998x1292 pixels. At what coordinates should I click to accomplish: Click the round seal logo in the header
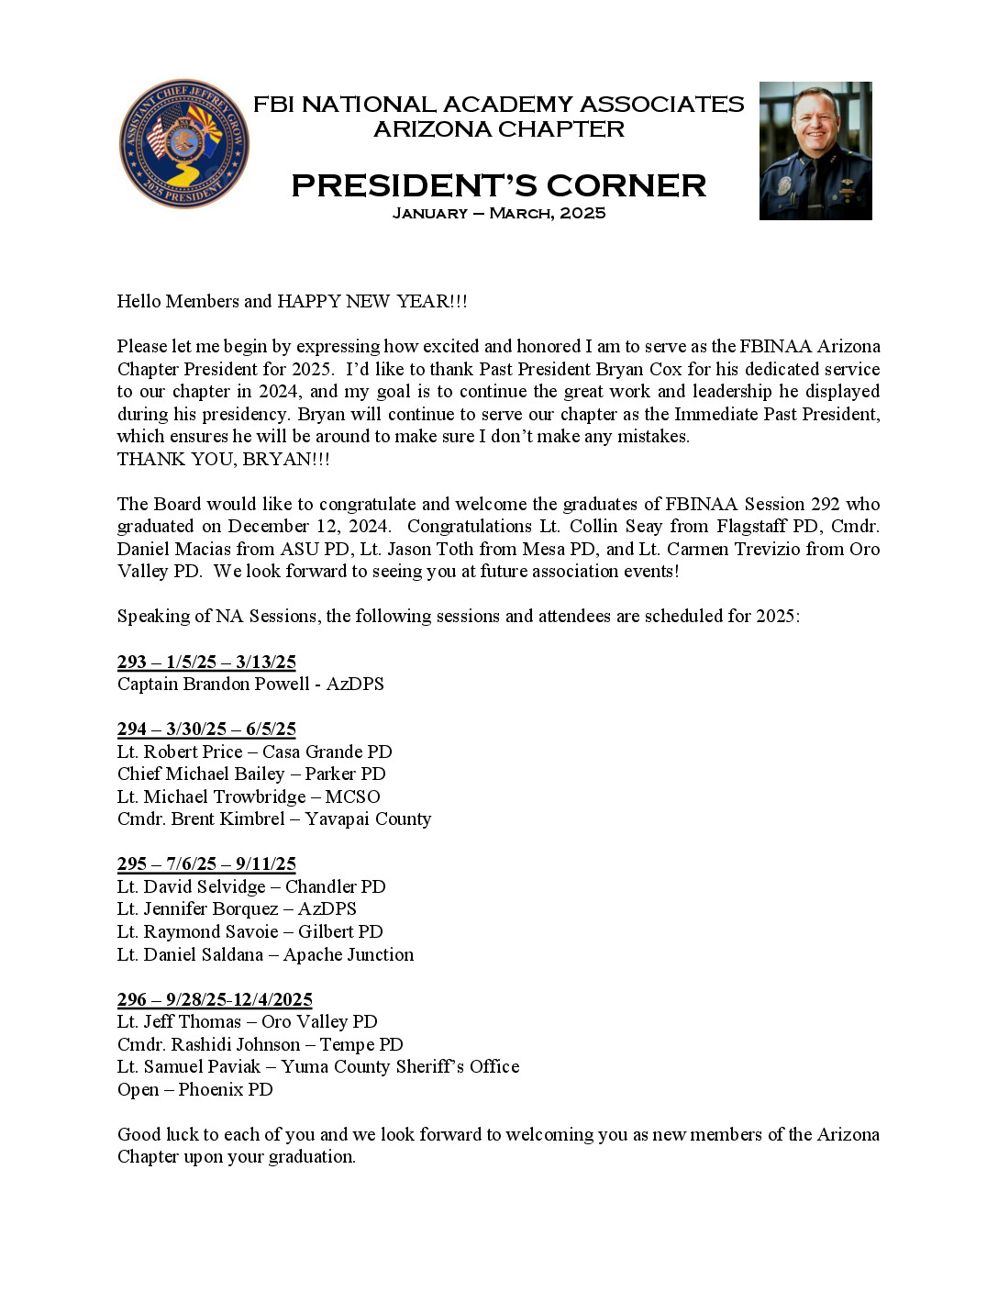coord(184,144)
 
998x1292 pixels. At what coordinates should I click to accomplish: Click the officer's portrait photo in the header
coord(815,151)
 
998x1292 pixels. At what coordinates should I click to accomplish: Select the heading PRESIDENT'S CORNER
coord(498,185)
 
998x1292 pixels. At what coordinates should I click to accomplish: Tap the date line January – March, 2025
coord(498,214)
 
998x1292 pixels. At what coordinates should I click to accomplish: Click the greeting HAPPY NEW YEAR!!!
coord(371,302)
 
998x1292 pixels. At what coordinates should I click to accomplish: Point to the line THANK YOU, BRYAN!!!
coord(223,460)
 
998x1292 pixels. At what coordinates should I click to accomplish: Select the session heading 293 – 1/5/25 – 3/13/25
coord(206,663)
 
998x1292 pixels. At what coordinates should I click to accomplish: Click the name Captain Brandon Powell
coord(213,685)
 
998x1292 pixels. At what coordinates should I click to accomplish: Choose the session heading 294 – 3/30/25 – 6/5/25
coord(206,730)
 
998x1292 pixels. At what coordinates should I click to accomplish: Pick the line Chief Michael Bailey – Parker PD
coord(251,774)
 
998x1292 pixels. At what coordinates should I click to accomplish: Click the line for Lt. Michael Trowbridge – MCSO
coord(249,797)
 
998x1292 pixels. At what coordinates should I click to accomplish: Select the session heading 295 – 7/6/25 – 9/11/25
coord(206,864)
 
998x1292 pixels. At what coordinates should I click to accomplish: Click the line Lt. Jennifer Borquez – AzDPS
coord(237,909)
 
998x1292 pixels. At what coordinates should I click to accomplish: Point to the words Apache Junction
coord(349,955)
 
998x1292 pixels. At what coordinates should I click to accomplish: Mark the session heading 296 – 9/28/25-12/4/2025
coord(215,1000)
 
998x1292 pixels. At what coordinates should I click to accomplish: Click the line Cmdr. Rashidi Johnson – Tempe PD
coord(260,1045)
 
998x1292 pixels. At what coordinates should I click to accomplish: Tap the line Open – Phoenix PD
coord(194,1090)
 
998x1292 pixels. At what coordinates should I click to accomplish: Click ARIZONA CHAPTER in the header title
coord(498,129)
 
